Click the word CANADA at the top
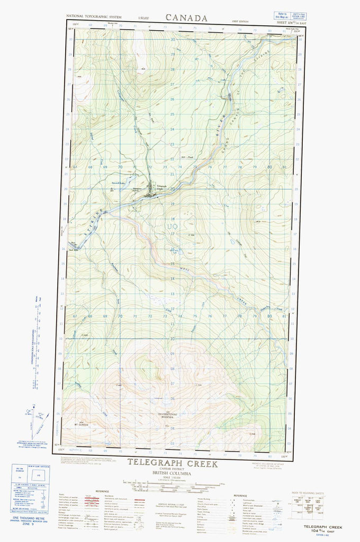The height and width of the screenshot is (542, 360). [x=186, y=17]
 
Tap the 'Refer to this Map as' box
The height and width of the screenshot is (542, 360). [x=284, y=17]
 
